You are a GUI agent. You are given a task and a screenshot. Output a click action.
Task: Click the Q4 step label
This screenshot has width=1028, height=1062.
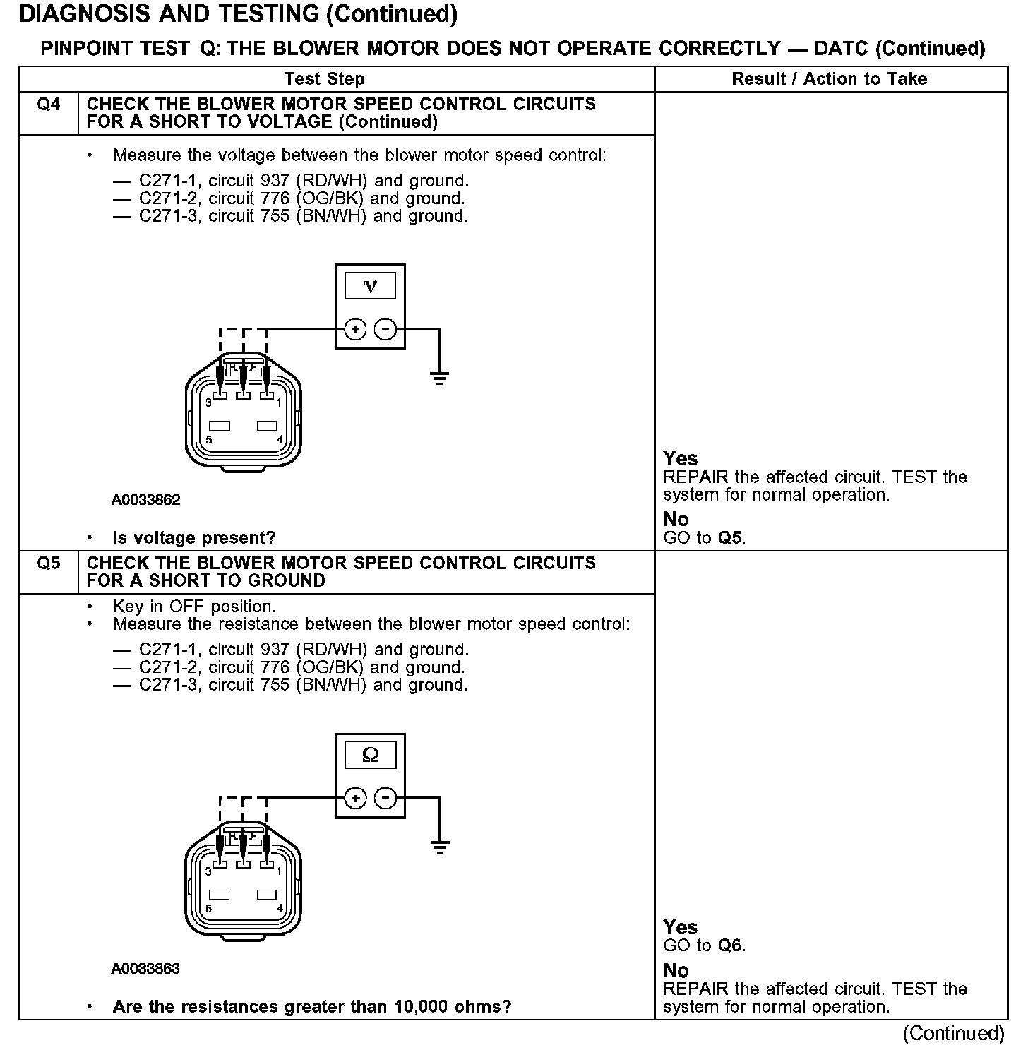point(48,105)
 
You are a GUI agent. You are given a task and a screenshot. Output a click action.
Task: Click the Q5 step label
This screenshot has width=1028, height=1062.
point(48,563)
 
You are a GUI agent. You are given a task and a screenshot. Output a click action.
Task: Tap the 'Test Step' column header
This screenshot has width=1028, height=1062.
point(324,78)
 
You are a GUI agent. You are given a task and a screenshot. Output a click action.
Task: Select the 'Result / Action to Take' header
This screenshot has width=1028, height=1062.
point(829,78)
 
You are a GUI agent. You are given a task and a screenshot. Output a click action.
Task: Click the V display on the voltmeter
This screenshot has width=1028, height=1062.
point(370,286)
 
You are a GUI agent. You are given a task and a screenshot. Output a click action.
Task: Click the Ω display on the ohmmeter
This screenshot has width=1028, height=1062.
point(370,756)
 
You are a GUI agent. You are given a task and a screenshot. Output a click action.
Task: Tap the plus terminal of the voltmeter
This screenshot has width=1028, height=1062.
point(355,329)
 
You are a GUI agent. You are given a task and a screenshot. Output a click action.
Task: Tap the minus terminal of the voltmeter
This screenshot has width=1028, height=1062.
point(385,329)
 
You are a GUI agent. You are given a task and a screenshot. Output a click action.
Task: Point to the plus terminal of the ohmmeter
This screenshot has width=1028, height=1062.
point(355,799)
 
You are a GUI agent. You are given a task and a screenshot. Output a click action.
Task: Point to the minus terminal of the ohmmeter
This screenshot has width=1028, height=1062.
point(385,799)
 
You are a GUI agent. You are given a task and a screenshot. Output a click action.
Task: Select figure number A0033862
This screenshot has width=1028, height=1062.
point(145,500)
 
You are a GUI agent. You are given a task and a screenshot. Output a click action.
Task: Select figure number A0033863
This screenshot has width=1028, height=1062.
point(145,969)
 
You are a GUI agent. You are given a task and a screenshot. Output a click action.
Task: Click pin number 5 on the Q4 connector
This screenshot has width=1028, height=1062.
point(209,439)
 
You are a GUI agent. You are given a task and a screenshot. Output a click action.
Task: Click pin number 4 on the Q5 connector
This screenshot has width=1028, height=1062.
point(280,908)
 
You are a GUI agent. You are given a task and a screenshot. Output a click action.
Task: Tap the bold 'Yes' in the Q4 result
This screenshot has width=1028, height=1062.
point(680,458)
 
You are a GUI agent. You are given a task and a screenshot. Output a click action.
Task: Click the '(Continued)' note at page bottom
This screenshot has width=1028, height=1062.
point(952,1034)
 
